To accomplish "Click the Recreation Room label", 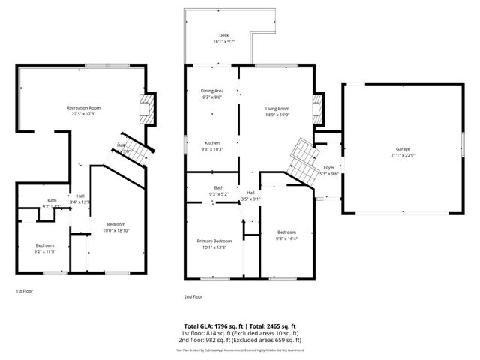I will click(x=84, y=108).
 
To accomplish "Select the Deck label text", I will click(x=223, y=35).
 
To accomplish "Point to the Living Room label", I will click(x=277, y=108).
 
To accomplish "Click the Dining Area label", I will click(x=212, y=91).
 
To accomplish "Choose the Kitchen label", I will click(x=212, y=142).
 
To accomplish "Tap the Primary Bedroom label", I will click(x=214, y=241).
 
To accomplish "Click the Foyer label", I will click(x=328, y=168).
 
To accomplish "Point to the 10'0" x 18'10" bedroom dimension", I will click(x=115, y=231).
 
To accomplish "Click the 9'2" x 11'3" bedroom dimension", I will click(x=46, y=251).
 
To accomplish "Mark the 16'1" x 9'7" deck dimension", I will click(x=223, y=42).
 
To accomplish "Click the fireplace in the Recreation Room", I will click(x=151, y=110).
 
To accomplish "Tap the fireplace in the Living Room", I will click(x=317, y=109).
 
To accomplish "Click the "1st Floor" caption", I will click(x=25, y=291).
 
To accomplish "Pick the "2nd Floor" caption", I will click(x=193, y=296).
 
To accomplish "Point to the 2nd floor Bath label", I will click(x=218, y=188).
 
